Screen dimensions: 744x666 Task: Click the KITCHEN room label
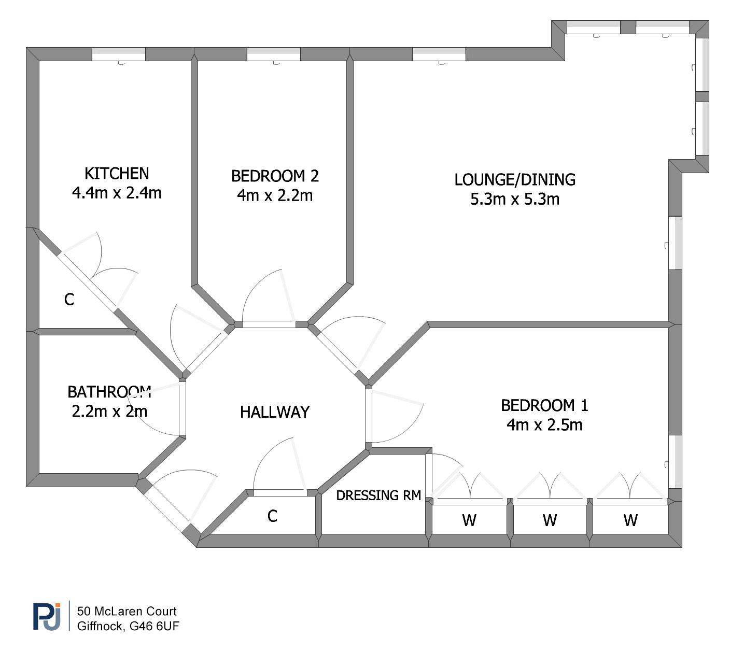click(117, 173)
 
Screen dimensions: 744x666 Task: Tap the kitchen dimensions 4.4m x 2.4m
click(117, 193)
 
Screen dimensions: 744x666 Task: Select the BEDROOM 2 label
click(275, 176)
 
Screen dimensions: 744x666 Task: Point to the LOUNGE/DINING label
click(515, 179)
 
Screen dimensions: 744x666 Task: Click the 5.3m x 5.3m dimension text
click(515, 199)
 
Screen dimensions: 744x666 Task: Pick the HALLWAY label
click(275, 413)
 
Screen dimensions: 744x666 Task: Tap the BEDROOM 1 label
click(544, 406)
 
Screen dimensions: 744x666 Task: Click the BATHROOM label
click(109, 392)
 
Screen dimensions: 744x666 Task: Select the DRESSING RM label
click(378, 495)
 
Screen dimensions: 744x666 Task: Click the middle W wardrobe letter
click(550, 520)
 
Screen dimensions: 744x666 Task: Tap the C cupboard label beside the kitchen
click(69, 300)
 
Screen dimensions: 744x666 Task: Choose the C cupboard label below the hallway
click(272, 516)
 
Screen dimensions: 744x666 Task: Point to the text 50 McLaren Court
click(127, 611)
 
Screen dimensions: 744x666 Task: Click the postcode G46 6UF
click(154, 626)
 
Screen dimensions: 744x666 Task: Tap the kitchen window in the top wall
click(119, 54)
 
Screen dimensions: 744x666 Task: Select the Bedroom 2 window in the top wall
click(274, 54)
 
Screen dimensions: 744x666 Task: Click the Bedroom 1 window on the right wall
click(676, 461)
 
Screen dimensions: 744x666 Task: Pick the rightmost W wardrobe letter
click(630, 520)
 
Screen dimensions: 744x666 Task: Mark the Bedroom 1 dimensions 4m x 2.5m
click(544, 425)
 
